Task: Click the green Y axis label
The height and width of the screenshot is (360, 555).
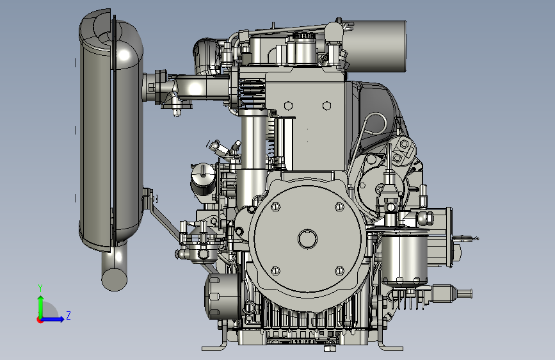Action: [x=40, y=288]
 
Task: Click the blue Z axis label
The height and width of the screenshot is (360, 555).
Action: [x=68, y=315]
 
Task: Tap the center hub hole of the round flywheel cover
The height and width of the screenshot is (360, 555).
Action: [x=307, y=239]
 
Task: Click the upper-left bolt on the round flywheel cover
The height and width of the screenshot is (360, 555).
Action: [x=275, y=206]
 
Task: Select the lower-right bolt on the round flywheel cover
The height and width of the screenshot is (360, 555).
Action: [x=339, y=271]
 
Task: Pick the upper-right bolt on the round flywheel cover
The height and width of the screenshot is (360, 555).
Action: [x=339, y=206]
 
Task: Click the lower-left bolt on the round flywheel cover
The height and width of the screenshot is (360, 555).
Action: [x=275, y=271]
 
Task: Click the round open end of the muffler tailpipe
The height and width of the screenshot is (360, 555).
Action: [x=115, y=279]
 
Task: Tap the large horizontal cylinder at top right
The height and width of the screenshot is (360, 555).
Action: [x=374, y=46]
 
